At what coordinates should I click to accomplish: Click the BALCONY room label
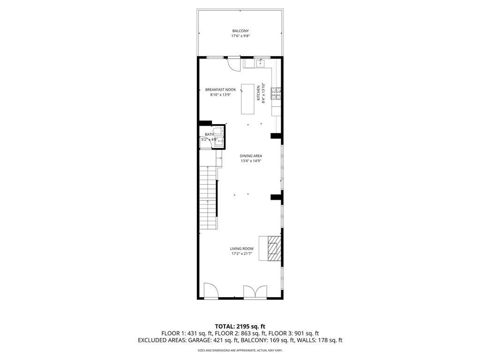tap(240, 31)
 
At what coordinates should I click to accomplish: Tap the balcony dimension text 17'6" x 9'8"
tap(240, 36)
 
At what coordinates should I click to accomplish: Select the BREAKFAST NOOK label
tap(220, 90)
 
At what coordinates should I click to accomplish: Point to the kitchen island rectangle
tap(248, 99)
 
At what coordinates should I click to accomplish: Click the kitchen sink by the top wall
tap(261, 63)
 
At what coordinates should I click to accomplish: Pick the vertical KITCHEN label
tap(258, 93)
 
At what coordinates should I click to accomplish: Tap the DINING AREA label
tap(251, 156)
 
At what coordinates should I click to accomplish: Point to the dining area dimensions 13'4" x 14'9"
tap(251, 161)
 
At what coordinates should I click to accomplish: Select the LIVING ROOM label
tap(241, 248)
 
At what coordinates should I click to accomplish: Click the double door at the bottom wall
tap(255, 292)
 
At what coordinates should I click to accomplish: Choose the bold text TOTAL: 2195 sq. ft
tap(240, 326)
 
